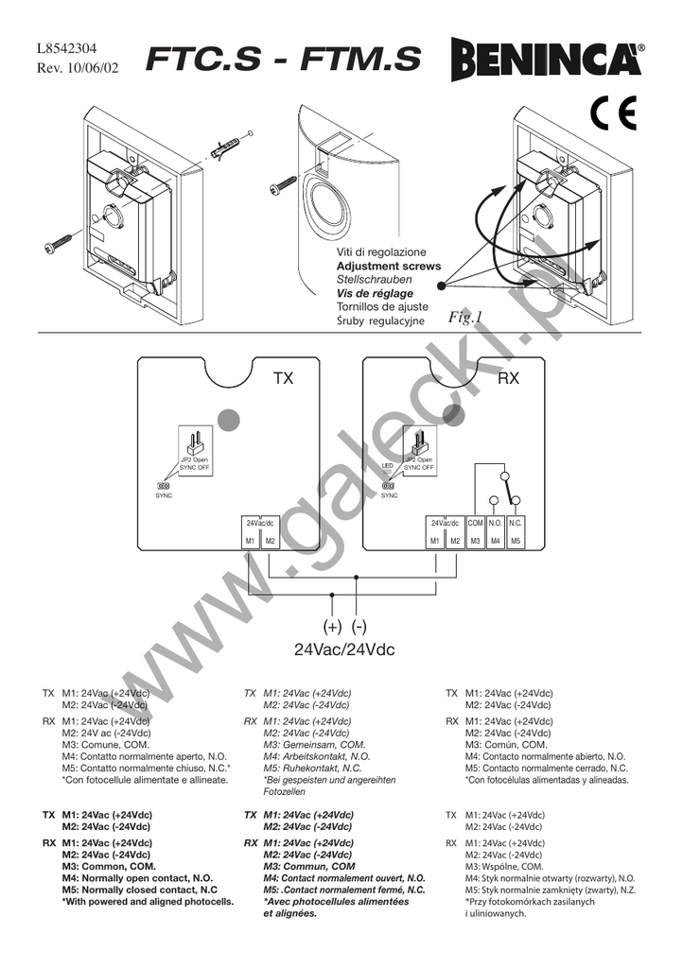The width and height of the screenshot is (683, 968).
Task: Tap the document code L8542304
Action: point(66,49)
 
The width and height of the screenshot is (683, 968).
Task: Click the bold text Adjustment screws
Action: point(389,267)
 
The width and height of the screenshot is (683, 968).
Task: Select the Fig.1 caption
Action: point(466,317)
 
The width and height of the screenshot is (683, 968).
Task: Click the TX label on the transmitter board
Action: point(284,379)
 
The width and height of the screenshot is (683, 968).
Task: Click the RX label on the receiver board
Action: point(509,379)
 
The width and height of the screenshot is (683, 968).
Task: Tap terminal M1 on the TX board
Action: point(250,541)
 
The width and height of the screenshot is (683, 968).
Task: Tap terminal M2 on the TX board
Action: point(270,541)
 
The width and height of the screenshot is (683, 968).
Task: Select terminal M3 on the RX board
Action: point(476,541)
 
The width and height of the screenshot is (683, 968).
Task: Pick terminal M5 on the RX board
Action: point(516,541)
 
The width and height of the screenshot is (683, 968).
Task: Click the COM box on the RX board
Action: point(476,523)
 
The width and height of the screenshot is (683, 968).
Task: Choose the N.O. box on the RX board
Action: point(496,523)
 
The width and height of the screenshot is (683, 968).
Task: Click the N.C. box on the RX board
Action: point(516,523)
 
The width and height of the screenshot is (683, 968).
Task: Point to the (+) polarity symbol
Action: point(332,627)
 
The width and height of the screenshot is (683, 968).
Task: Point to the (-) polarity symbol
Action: point(358,627)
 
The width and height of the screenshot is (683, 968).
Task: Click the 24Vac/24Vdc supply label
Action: point(344,650)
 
